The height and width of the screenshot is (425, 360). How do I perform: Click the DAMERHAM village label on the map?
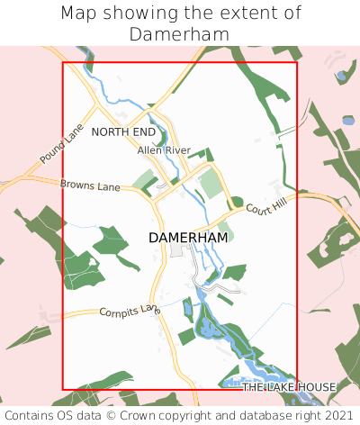coord(188,238)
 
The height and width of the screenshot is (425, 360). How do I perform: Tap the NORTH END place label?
coord(123,132)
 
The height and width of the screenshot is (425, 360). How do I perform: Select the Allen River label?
coord(164,149)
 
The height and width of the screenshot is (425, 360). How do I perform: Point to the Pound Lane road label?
coord(60,144)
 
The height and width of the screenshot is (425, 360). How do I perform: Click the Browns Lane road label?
coord(90,185)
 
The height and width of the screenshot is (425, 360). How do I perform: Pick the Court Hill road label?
coord(265,207)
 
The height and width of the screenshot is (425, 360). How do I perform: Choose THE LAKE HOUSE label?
coord(289,387)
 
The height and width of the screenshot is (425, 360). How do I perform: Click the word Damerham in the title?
coord(179,34)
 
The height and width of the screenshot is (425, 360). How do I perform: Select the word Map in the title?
coord(79,14)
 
